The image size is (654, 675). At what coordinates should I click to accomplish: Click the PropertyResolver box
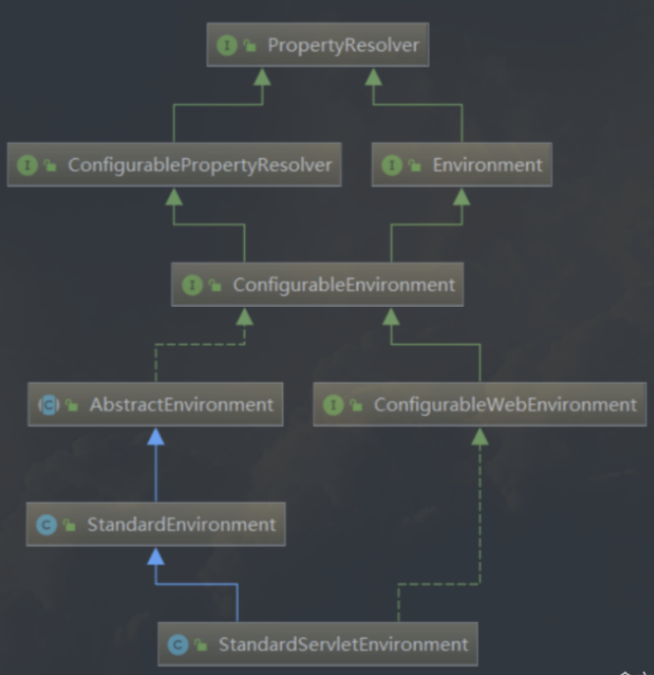[x=317, y=46]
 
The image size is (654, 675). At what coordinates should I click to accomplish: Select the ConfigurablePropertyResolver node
[x=174, y=165]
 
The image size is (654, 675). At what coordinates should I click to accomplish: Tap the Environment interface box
[x=461, y=165]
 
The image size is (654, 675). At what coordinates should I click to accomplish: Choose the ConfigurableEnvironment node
[x=317, y=285]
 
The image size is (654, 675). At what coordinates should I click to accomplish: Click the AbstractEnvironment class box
[x=155, y=404]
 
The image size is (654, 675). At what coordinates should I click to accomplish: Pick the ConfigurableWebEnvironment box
[x=479, y=404]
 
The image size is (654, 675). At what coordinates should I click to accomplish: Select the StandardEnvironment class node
[x=155, y=524]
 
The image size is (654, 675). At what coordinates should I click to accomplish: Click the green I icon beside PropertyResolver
[x=227, y=46]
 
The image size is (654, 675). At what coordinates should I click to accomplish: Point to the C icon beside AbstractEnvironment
[x=47, y=404]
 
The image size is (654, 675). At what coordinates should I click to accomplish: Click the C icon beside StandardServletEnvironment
[x=178, y=644]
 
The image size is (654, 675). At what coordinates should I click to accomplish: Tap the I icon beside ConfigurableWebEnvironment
[x=333, y=404]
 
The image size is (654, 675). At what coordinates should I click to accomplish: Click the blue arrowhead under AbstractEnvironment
[x=155, y=436]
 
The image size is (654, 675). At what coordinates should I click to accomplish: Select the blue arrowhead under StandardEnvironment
[x=155, y=556]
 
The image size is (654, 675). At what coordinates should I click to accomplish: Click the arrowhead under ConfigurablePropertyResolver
[x=174, y=196]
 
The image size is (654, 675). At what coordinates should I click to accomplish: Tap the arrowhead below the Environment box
[x=461, y=196]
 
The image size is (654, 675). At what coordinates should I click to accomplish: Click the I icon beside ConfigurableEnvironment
[x=192, y=285]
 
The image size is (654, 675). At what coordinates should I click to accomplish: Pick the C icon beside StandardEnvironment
[x=45, y=524]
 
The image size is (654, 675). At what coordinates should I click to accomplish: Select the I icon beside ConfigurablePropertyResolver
[x=27, y=165]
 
